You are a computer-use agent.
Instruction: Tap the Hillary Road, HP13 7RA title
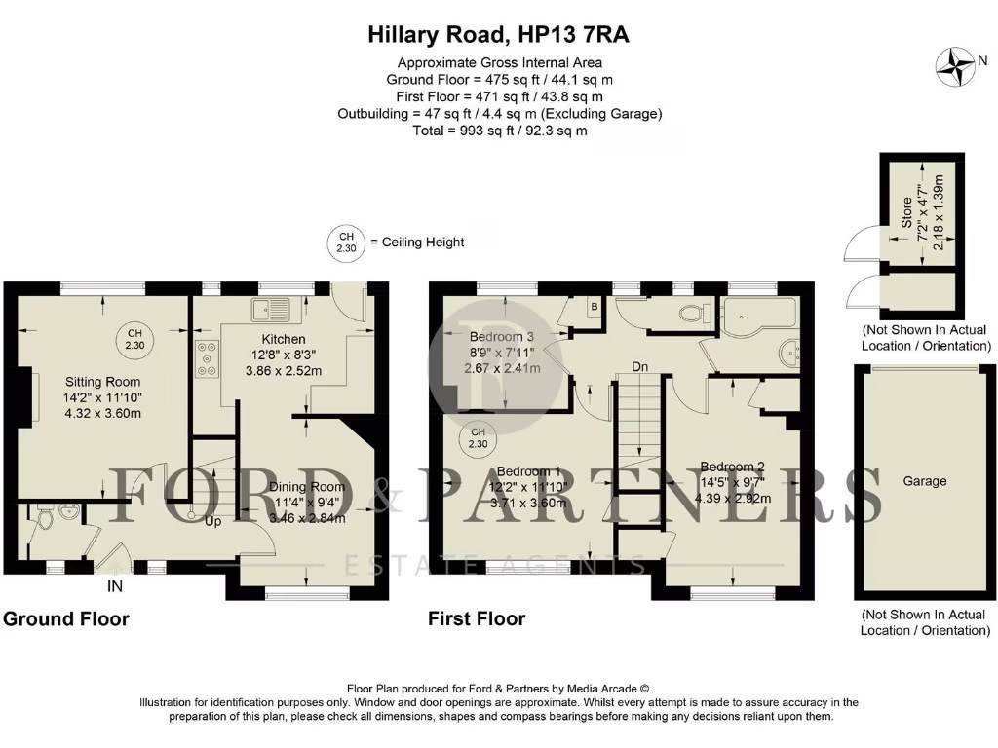tap(498, 35)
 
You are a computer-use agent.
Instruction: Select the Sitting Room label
tap(102, 382)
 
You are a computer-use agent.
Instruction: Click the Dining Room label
tap(307, 487)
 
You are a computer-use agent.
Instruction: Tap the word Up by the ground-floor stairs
tap(211, 522)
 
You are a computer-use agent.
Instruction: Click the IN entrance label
tap(115, 587)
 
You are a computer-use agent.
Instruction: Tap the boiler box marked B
tap(593, 305)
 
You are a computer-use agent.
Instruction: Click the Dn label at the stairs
tap(640, 367)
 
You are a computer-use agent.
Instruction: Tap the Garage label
tap(924, 481)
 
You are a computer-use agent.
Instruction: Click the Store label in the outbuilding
tap(905, 213)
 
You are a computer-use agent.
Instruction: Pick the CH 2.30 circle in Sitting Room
tap(134, 339)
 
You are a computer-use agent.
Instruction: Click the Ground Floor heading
tap(66, 618)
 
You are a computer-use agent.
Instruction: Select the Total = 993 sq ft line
tap(499, 130)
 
